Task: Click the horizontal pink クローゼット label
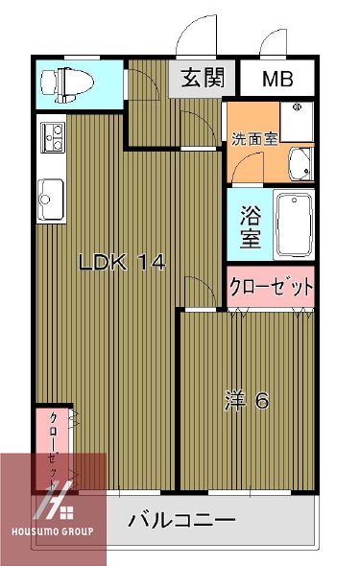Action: [272, 287]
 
